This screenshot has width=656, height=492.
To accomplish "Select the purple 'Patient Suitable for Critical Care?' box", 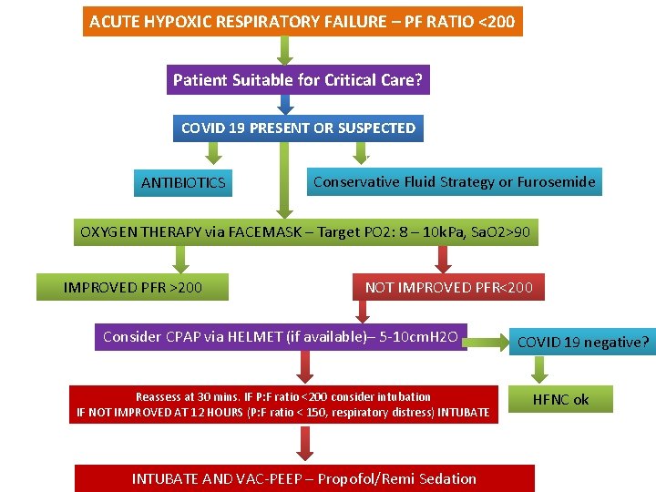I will (x=298, y=80).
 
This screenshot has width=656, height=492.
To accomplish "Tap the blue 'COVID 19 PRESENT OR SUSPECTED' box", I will (x=298, y=128).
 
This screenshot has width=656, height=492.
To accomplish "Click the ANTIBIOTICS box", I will (x=183, y=183).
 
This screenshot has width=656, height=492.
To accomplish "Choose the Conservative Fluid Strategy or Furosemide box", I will (x=454, y=181).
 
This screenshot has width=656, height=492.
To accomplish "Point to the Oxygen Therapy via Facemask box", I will (x=305, y=232).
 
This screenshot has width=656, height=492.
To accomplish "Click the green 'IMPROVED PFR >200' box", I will (x=133, y=288).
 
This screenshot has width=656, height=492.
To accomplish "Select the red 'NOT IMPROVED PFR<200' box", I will (x=448, y=288).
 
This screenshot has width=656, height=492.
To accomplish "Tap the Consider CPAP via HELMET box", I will (x=285, y=336).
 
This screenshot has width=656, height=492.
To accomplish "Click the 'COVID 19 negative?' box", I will (x=583, y=343).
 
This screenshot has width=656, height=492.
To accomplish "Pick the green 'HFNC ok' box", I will (x=560, y=399).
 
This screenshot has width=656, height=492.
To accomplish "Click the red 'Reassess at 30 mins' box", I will (x=283, y=405).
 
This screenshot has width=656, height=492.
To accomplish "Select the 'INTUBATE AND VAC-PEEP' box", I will (x=304, y=478).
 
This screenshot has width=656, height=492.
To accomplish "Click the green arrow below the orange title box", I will (x=285, y=51).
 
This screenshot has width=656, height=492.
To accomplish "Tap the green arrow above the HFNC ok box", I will (x=541, y=369).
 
